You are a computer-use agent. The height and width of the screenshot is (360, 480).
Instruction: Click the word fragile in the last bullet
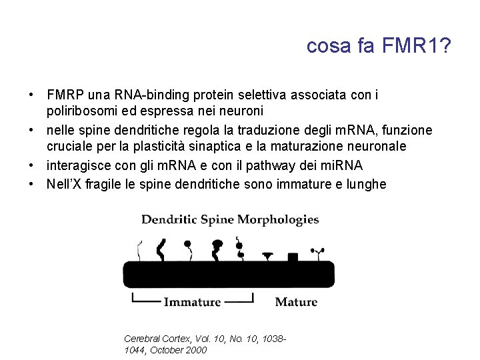pyautogui.click(x=107, y=184)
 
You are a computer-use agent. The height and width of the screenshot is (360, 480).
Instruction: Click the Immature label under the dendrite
pyautogui.click(x=192, y=302)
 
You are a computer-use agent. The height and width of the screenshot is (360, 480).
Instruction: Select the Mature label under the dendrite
pyautogui.click(x=296, y=302)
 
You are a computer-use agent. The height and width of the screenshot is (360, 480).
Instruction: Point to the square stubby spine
pyautogui.click(x=292, y=257)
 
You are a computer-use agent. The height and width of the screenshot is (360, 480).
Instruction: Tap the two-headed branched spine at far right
pyautogui.click(x=317, y=253)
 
